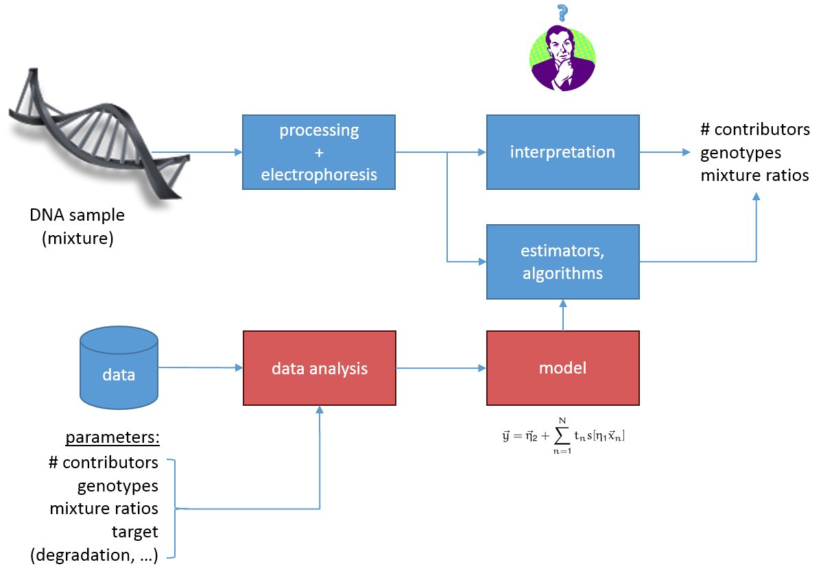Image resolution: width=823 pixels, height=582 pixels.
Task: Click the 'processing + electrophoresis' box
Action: (x=319, y=152)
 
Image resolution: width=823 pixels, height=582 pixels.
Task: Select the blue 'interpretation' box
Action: (x=562, y=152)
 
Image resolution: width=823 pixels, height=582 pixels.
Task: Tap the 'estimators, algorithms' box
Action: (x=562, y=262)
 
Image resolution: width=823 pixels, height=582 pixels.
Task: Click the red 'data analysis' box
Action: (x=320, y=368)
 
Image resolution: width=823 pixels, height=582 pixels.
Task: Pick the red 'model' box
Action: (x=562, y=368)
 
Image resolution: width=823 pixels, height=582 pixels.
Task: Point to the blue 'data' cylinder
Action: (x=119, y=368)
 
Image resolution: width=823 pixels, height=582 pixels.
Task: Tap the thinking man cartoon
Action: (x=562, y=58)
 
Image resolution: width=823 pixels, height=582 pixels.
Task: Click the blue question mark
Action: (x=562, y=12)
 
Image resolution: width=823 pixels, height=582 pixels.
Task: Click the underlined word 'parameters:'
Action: (x=112, y=438)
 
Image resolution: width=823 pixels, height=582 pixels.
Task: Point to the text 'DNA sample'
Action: (x=77, y=215)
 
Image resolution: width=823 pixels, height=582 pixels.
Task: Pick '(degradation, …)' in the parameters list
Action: (x=95, y=555)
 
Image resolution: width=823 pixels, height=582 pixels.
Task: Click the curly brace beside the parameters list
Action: (x=173, y=509)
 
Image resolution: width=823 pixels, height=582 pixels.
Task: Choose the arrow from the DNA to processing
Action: (x=197, y=152)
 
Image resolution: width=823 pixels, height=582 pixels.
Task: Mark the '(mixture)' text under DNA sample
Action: (x=77, y=239)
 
